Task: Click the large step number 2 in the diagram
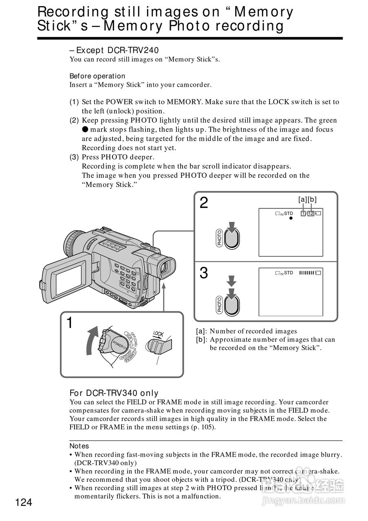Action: [x=204, y=203]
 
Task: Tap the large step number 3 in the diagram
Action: [x=204, y=273]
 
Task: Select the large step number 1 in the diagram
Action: [x=70, y=323]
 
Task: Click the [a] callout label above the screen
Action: [x=303, y=199]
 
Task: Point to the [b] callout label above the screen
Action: [x=312, y=199]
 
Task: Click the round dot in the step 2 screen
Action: [x=291, y=219]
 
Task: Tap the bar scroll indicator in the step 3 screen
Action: [x=306, y=273]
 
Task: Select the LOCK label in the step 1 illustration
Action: [x=159, y=334]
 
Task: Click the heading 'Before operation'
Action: [x=97, y=76]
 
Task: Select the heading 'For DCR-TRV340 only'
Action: [x=114, y=393]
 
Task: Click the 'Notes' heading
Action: [x=79, y=446]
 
